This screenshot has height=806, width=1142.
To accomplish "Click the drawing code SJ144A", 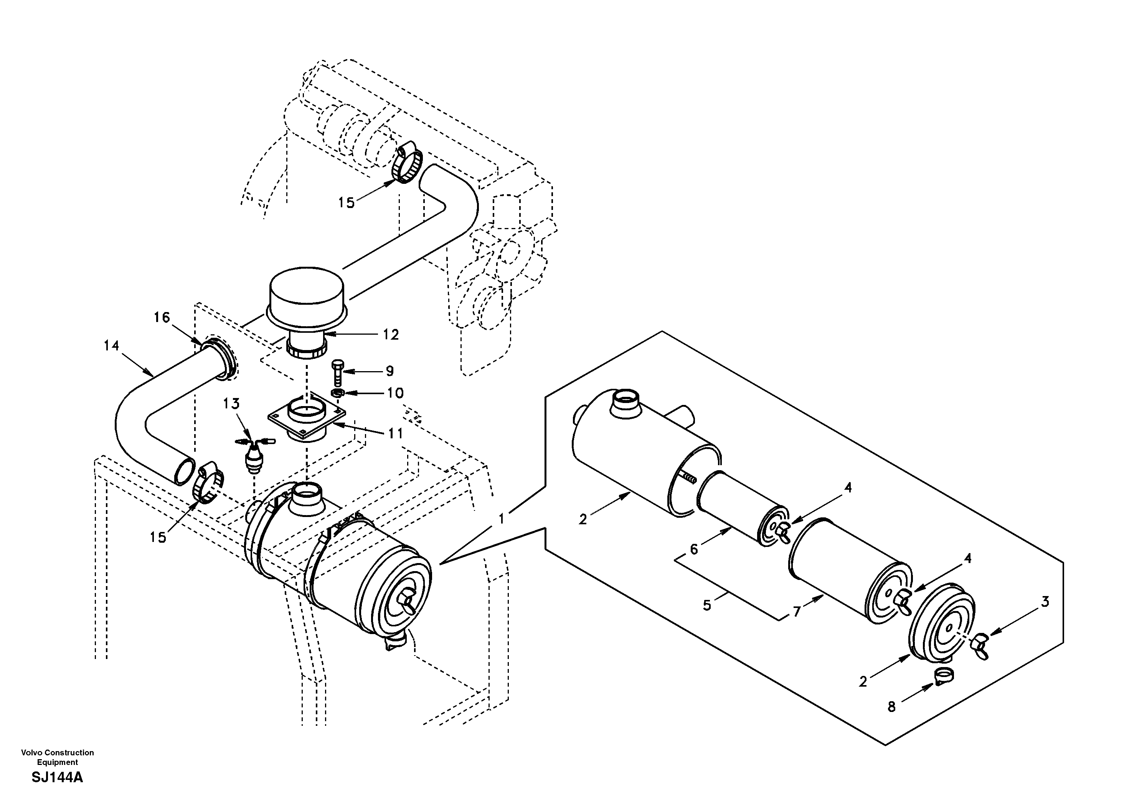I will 57,778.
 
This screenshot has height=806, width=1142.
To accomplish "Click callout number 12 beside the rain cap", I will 391,335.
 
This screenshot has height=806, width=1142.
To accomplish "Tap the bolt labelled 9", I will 338,373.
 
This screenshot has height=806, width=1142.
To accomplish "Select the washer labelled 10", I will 339,393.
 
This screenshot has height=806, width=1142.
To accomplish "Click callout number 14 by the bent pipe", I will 111,345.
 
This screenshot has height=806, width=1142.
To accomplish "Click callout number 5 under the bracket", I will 707,606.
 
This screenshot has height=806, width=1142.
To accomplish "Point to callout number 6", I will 694,549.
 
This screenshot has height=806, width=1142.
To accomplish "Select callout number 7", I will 796,611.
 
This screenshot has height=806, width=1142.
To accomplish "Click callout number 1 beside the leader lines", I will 502,519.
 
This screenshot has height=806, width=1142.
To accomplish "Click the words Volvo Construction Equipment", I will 57,757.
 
